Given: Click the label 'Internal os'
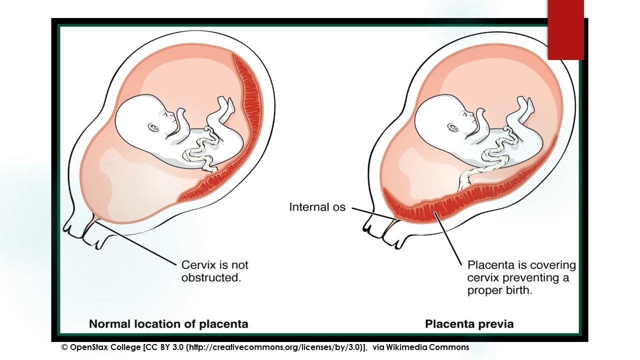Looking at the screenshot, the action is [x=317, y=206].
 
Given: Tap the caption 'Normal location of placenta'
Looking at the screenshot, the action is [x=168, y=324].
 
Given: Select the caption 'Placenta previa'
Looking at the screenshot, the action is [x=469, y=324].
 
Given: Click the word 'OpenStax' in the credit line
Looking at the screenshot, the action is [x=89, y=347].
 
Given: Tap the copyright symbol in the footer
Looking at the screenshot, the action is [x=64, y=347].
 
